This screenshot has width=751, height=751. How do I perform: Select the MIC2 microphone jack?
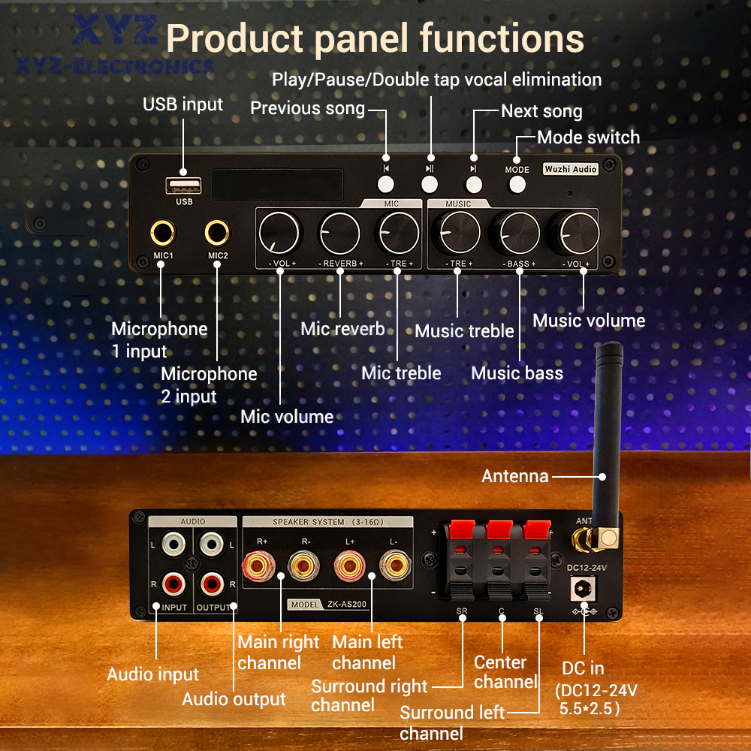click(218, 234)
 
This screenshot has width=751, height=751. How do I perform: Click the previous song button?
click(386, 183)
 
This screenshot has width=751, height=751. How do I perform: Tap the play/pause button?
click(430, 183)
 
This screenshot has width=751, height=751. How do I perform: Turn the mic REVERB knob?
click(340, 234)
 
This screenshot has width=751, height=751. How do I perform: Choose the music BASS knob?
click(520, 234)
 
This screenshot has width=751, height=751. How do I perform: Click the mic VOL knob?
click(279, 234)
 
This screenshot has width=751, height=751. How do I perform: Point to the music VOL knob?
click(579, 234)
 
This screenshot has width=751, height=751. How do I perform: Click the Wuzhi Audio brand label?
click(571, 170)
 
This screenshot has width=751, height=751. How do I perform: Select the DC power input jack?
click(581, 590)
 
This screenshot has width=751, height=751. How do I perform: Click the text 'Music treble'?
click(464, 331)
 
